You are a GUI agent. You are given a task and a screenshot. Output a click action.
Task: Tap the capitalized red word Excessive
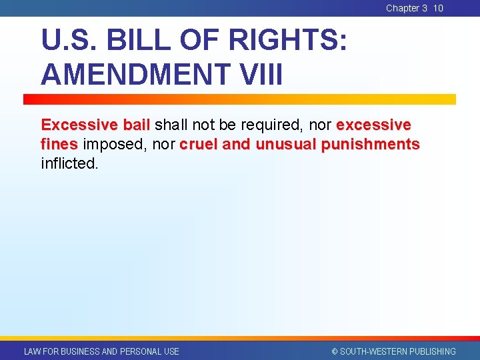[x=79, y=125]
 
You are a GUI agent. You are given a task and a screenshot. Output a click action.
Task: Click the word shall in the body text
[x=171, y=125]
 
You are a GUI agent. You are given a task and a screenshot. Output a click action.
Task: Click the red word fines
[x=59, y=144]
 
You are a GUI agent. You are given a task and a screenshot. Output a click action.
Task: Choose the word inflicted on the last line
[x=69, y=163]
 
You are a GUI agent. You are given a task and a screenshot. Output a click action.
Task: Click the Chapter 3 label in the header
[x=406, y=8]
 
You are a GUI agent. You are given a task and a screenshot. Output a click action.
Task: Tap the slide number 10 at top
[x=438, y=8]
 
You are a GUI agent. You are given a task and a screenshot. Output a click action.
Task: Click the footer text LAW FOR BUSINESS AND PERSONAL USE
[x=101, y=351]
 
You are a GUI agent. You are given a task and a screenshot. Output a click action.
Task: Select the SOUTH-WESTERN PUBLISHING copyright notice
[x=393, y=351]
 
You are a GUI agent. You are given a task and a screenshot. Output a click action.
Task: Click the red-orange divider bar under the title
[x=239, y=99]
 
